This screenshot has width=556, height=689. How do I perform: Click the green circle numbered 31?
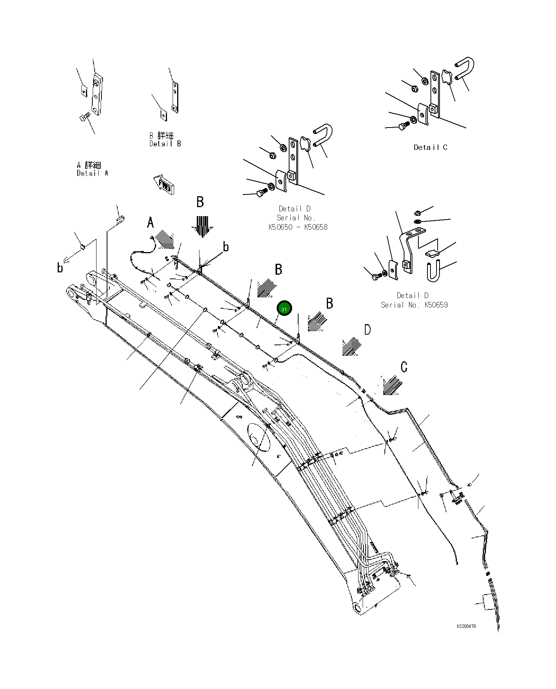(x=284, y=309)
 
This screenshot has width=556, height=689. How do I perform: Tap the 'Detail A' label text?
(x=92, y=173)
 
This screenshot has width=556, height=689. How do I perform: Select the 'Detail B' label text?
(x=165, y=144)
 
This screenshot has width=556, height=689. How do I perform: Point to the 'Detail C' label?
(x=430, y=148)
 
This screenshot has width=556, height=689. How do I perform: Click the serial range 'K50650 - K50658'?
(x=298, y=227)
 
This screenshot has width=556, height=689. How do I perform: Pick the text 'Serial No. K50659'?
(x=414, y=305)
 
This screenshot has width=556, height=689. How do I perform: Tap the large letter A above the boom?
(x=150, y=223)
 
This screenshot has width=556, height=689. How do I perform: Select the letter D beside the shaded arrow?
(x=367, y=330)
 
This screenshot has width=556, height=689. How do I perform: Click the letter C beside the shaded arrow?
(x=404, y=367)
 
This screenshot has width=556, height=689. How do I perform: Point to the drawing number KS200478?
(x=466, y=626)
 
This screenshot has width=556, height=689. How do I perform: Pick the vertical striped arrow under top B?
(x=202, y=226)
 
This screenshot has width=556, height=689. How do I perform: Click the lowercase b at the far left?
(x=60, y=268)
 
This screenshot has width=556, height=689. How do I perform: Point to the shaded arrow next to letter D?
(x=352, y=346)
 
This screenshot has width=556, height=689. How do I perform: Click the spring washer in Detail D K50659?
(x=417, y=221)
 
